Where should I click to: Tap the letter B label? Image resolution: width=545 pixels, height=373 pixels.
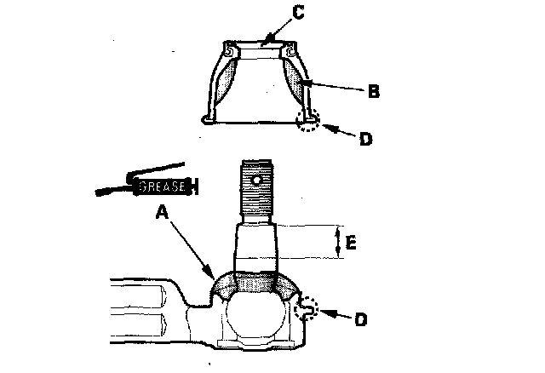[373, 91]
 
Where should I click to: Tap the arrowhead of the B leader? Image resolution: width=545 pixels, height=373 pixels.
[299, 83]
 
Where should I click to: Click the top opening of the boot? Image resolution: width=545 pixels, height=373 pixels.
[261, 48]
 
